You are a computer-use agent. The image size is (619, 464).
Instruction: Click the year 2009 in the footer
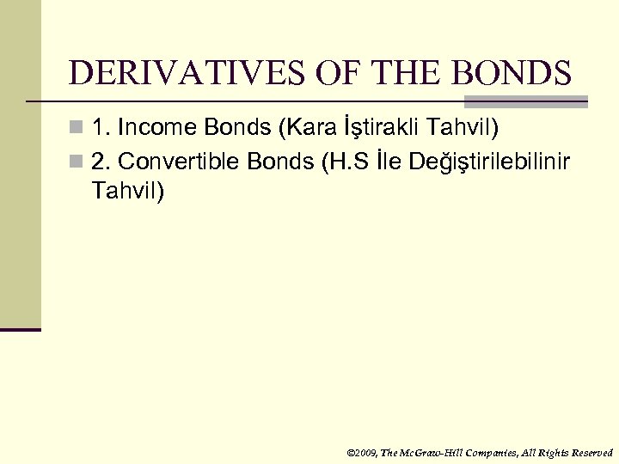click(364, 452)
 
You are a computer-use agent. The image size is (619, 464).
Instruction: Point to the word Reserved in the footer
click(591, 452)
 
